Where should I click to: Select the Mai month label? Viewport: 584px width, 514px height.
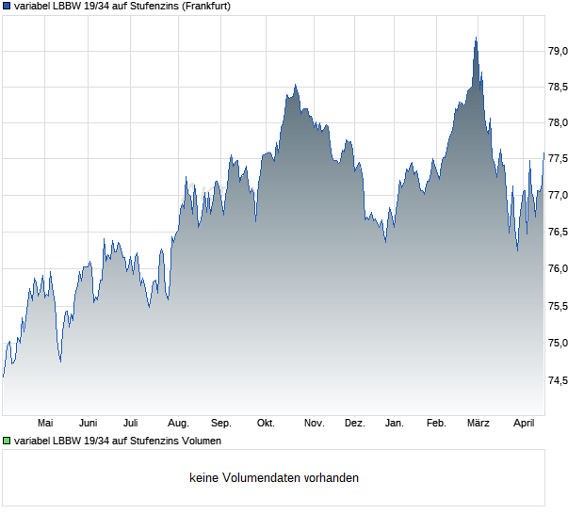click(x=45, y=424)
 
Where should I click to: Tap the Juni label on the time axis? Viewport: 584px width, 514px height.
click(x=89, y=424)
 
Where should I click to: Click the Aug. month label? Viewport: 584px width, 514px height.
click(x=178, y=424)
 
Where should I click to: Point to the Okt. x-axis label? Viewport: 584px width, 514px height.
click(x=266, y=424)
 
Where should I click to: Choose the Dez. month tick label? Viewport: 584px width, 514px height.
click(x=354, y=424)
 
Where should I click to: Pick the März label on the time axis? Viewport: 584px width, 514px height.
click(x=479, y=424)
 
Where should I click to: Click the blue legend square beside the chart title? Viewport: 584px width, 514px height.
click(x=7, y=7)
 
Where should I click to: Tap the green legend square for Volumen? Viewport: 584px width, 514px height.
click(x=7, y=441)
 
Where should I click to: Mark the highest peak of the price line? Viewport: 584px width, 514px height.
click(x=477, y=39)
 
